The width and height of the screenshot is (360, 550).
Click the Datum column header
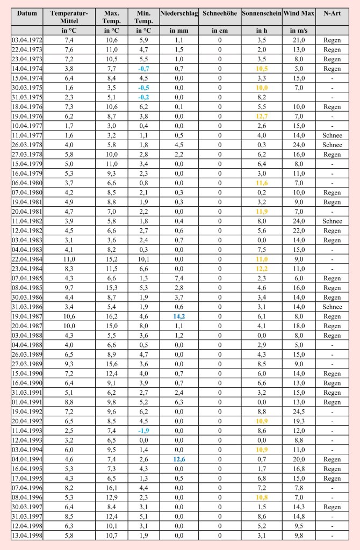point(27,13)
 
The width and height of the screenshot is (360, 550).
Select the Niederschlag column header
point(179,13)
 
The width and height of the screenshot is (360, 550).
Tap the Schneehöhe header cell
point(220,13)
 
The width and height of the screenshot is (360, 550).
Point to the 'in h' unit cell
point(261,31)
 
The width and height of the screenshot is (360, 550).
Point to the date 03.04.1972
point(27,40)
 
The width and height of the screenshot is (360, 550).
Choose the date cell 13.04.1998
point(27,535)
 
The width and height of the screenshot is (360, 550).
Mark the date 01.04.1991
point(27,402)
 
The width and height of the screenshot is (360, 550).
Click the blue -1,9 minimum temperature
point(143,431)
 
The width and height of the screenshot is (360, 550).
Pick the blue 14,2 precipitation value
point(179,316)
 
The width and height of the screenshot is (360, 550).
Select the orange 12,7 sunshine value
point(261,116)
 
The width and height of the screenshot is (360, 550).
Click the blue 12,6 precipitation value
point(179,459)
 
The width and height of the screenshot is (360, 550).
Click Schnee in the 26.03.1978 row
point(332,145)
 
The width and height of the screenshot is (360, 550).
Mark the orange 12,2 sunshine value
point(261,269)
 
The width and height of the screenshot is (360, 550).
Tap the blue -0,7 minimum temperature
point(143,69)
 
